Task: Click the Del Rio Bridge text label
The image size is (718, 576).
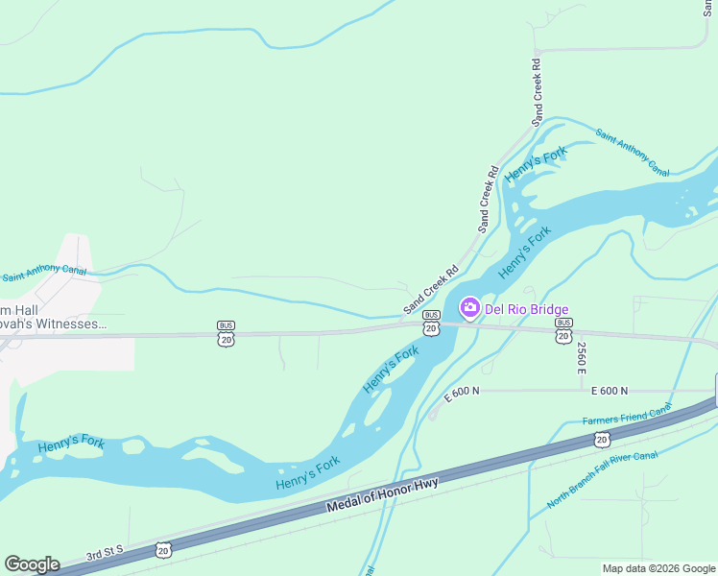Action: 526,309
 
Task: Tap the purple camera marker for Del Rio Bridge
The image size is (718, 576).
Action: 470,308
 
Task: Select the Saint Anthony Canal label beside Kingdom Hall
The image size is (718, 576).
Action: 44,274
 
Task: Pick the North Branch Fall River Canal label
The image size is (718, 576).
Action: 602,478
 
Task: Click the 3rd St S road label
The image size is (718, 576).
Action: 106,554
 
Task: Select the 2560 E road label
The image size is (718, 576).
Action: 582,357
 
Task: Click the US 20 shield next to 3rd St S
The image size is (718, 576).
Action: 163,550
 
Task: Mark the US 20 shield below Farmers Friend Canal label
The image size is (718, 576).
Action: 602,440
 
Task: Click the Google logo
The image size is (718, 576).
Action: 32,564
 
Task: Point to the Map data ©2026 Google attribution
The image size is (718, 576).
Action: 658,568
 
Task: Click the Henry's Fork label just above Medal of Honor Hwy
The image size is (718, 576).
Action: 308,473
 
